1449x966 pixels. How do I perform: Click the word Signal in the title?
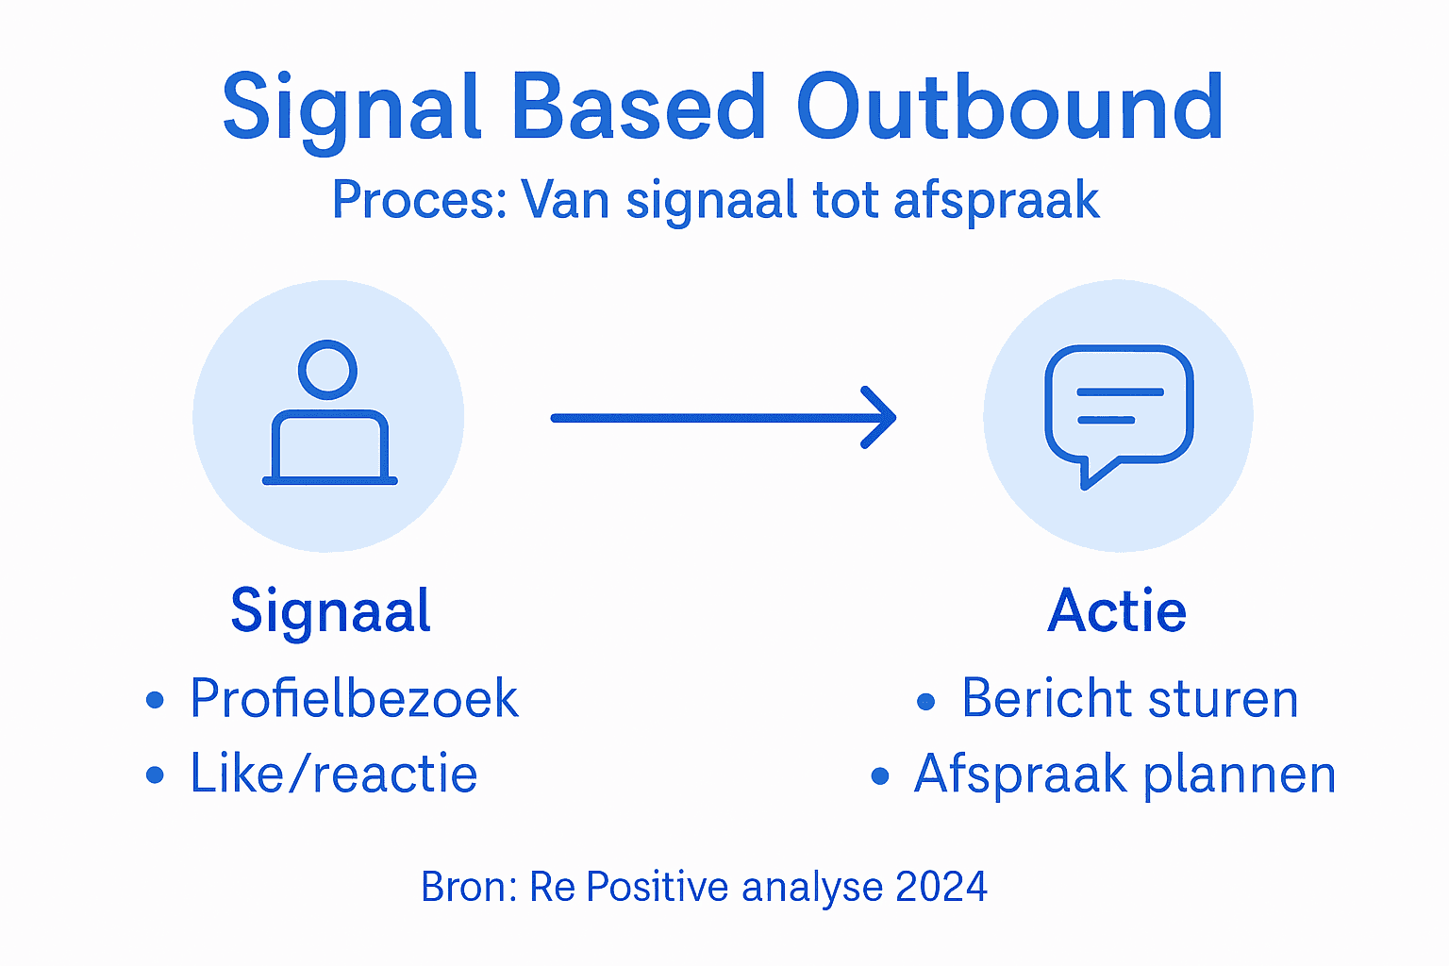[x=352, y=108]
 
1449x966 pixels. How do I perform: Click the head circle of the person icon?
[x=327, y=370]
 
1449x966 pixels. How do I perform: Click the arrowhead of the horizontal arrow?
[x=881, y=417]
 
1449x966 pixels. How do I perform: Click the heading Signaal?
[x=331, y=610]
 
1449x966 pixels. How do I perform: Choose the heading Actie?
[x=1117, y=610]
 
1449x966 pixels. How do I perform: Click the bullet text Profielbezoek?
[x=354, y=698]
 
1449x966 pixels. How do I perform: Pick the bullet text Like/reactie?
[x=334, y=774]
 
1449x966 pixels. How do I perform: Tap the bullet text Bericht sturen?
[x=1130, y=698]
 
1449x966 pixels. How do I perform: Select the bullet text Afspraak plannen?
[x=1124, y=774]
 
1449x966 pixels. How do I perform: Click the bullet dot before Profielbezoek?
[x=156, y=701]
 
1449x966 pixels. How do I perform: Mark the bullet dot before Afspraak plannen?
[x=880, y=776]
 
